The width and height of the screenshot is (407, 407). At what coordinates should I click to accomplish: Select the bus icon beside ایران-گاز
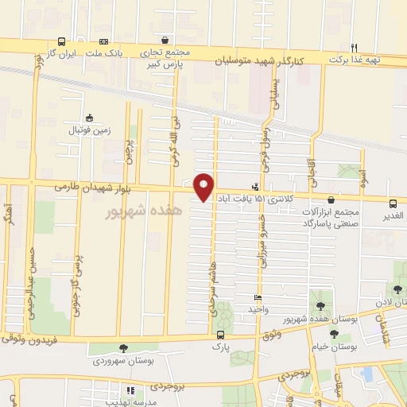pyautogui.click(x=62, y=42)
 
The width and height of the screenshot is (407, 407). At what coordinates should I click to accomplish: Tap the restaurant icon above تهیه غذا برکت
pyautogui.click(x=355, y=47)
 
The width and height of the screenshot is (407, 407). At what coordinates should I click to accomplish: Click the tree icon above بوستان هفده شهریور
pyautogui.click(x=320, y=305)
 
